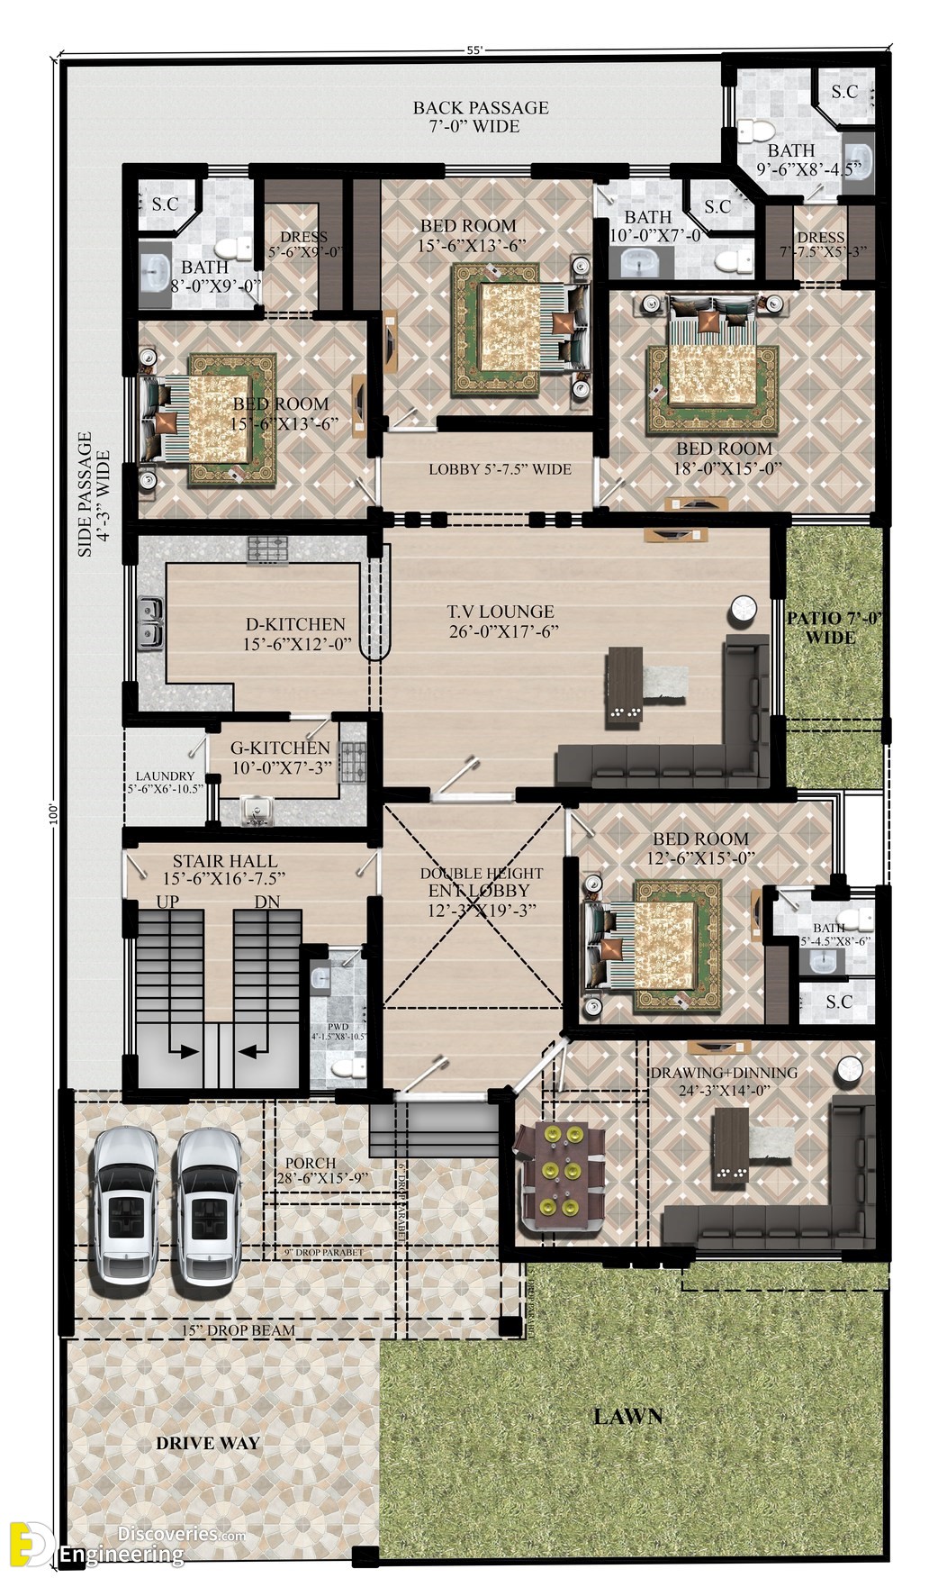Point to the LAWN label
(627, 1416)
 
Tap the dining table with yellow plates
(559, 1178)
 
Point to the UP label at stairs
(167, 902)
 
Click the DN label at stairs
(266, 902)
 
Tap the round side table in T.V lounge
(743, 610)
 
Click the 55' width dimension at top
(474, 50)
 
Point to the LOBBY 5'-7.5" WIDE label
(500, 469)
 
